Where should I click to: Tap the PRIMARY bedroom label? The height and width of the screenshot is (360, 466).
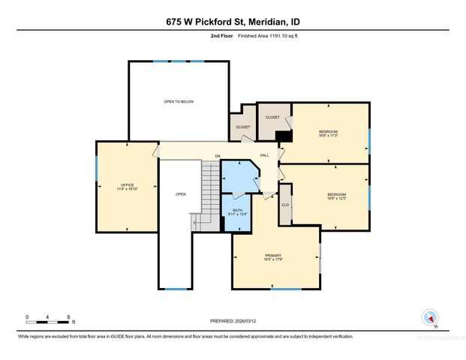(272, 257)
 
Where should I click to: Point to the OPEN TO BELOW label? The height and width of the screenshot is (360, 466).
(179, 101)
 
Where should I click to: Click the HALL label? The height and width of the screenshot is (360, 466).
(264, 155)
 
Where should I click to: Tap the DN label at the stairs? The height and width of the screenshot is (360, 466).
(218, 156)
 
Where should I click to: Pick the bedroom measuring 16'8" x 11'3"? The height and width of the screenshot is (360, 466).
(329, 133)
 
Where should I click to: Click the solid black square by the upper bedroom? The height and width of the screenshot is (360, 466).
(284, 136)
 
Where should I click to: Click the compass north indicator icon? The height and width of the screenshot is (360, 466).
(429, 316)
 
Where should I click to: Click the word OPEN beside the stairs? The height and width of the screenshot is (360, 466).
(180, 194)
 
